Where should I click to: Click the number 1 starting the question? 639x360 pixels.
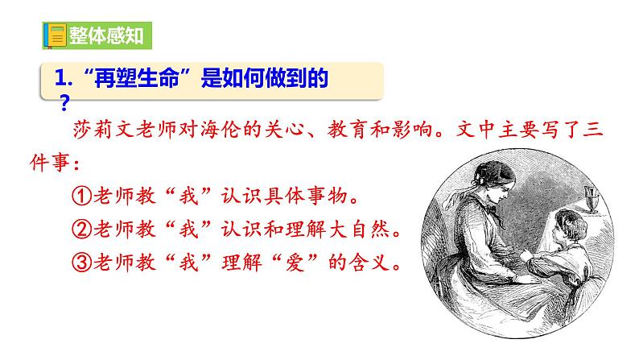[58, 79]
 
